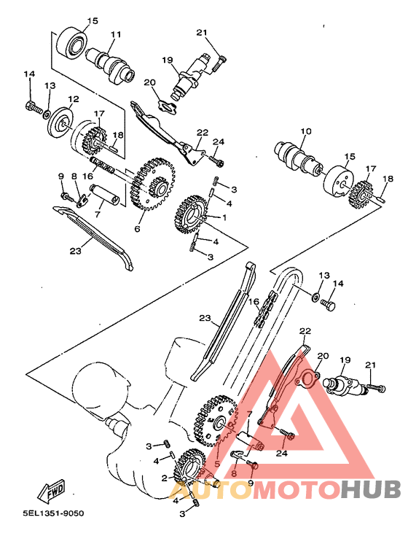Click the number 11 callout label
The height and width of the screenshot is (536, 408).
pos(116,35)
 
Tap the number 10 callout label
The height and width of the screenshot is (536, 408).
pos(305,131)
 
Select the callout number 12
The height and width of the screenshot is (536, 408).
pos(74,99)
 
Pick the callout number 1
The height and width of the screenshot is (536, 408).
pos(224,217)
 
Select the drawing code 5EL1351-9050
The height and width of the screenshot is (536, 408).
pos(43,513)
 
